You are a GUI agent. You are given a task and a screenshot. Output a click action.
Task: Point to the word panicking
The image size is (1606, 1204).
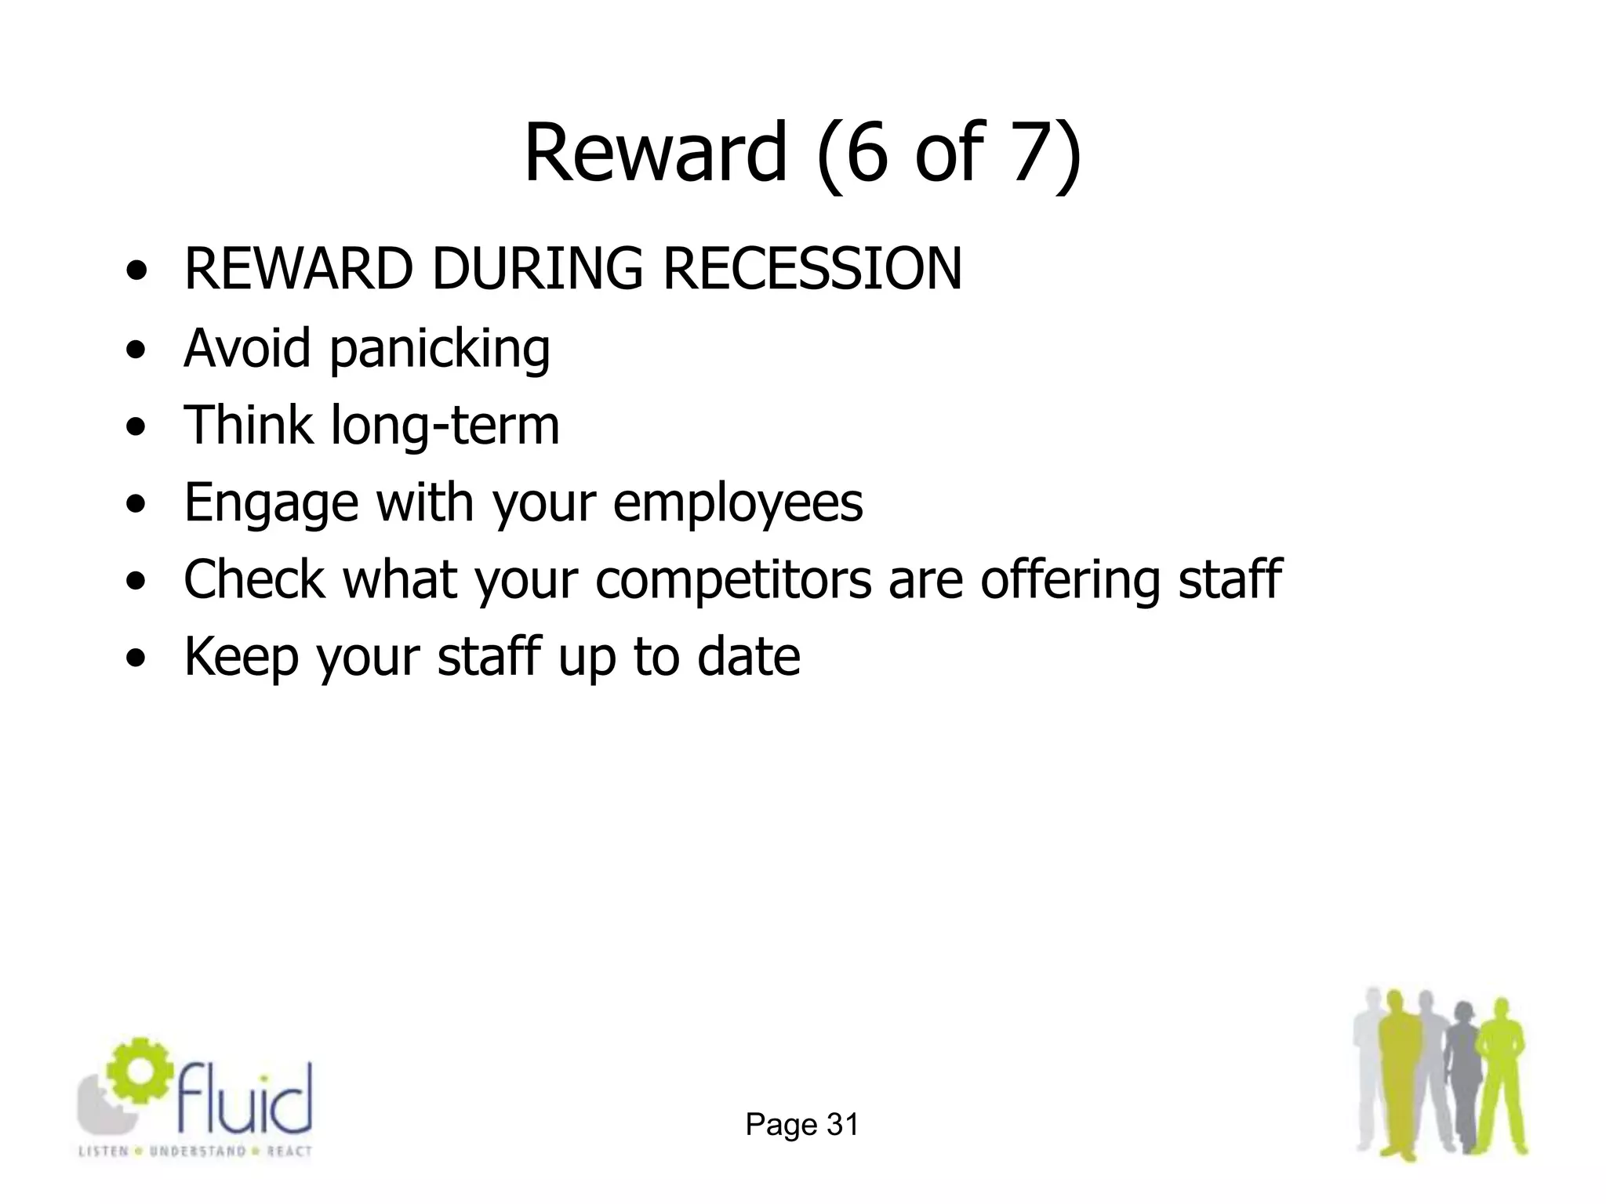439,350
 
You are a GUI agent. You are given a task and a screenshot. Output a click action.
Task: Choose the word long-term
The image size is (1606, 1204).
445,426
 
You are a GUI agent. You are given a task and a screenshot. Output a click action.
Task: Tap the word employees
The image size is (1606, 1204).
738,504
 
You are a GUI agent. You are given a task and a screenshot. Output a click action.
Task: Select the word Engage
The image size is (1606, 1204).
271,504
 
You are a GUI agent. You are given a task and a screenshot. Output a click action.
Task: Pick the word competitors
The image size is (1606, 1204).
733,581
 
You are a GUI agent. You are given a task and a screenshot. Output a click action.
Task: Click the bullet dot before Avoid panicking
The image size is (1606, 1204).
137,351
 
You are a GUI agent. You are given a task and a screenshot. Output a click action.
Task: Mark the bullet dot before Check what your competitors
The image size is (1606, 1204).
137,582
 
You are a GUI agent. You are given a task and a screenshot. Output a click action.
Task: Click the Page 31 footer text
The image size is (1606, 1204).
802,1125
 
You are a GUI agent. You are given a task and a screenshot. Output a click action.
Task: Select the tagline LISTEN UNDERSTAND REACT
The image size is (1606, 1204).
195,1151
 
